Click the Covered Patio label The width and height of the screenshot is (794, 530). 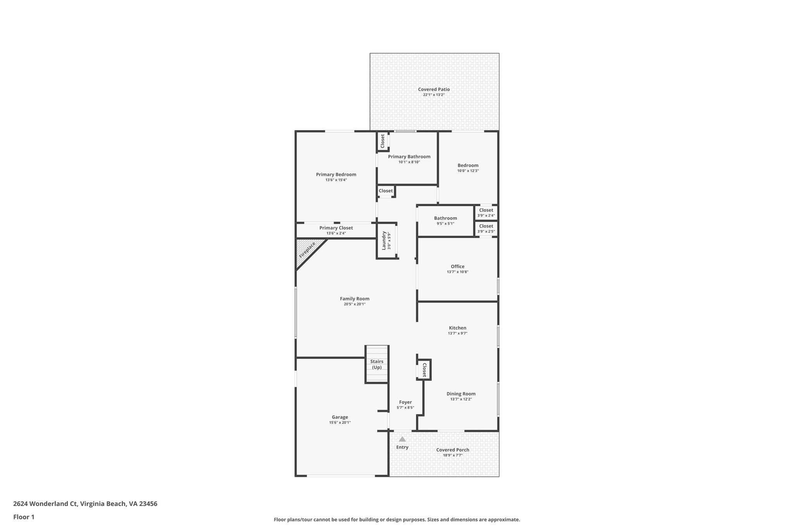click(x=434, y=89)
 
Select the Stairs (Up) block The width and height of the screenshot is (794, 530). click(x=377, y=364)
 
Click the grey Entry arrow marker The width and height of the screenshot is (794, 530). click(x=402, y=439)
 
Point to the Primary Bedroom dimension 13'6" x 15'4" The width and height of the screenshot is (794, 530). click(x=336, y=180)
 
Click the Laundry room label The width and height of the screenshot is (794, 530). click(x=384, y=241)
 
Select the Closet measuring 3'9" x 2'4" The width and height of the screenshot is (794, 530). click(x=486, y=212)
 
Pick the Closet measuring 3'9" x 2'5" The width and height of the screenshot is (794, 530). click(x=486, y=228)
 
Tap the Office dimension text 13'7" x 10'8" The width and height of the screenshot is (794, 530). click(x=457, y=272)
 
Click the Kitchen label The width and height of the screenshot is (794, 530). click(x=457, y=328)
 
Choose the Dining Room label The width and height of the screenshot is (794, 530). click(x=461, y=394)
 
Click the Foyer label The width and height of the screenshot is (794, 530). click(x=406, y=402)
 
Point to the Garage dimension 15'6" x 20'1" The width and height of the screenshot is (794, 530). click(x=340, y=422)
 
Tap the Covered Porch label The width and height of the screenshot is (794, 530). click(x=452, y=450)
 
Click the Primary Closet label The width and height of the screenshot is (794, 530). click(x=336, y=228)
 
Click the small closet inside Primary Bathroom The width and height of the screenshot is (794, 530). click(x=383, y=141)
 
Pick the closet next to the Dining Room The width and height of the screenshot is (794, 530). click(x=424, y=370)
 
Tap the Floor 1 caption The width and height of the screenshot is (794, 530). click(x=24, y=517)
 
